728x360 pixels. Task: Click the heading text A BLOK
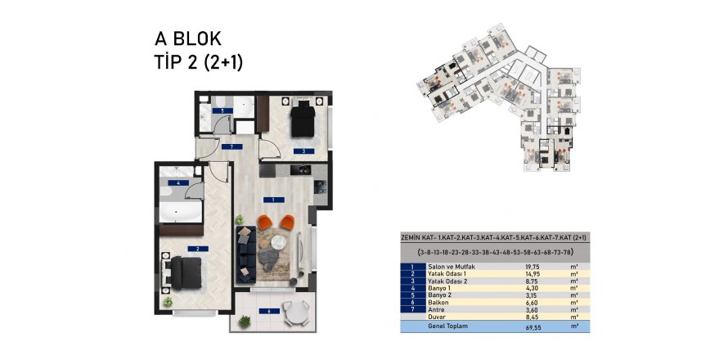point(188,38)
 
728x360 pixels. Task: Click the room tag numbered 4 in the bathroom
point(174,183)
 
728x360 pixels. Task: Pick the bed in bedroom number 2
point(186,272)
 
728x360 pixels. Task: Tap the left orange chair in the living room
point(267,222)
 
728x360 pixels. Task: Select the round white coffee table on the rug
point(279,241)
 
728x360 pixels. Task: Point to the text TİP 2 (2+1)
point(199,61)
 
